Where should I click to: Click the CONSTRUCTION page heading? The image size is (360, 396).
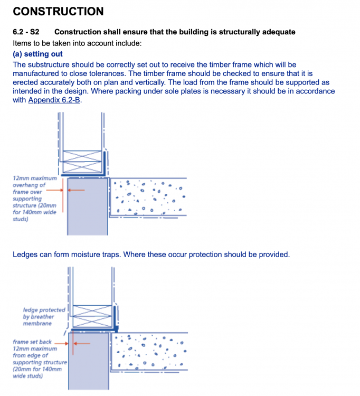click(58, 12)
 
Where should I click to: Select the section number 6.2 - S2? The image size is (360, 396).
click(26, 32)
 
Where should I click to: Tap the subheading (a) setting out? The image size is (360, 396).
click(37, 54)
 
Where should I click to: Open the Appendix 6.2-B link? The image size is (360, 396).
click(54, 100)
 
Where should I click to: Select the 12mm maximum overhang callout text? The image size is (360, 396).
click(35, 199)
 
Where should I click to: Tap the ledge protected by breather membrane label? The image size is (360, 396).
click(44, 317)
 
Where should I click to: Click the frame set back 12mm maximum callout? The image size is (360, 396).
click(40, 359)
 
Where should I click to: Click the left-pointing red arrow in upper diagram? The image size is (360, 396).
click(76, 190)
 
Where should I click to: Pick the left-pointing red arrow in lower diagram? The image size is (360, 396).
click(82, 344)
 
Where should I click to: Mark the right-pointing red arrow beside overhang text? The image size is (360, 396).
click(54, 190)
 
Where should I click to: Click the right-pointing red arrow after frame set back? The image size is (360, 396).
click(61, 344)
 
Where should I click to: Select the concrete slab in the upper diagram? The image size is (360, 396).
click(148, 197)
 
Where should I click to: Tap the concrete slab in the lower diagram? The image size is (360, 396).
click(149, 352)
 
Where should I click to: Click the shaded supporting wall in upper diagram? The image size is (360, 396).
click(88, 206)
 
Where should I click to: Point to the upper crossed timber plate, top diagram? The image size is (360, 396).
click(82, 156)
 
